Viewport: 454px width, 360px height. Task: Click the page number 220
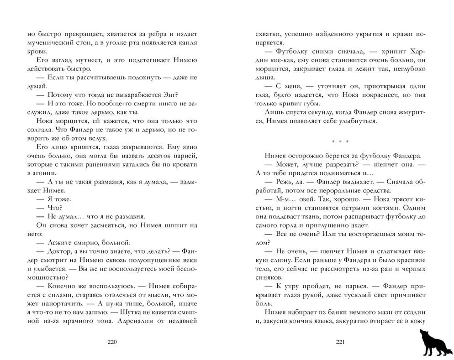(x=112, y=343)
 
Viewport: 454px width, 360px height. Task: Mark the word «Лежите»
(x=59, y=243)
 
